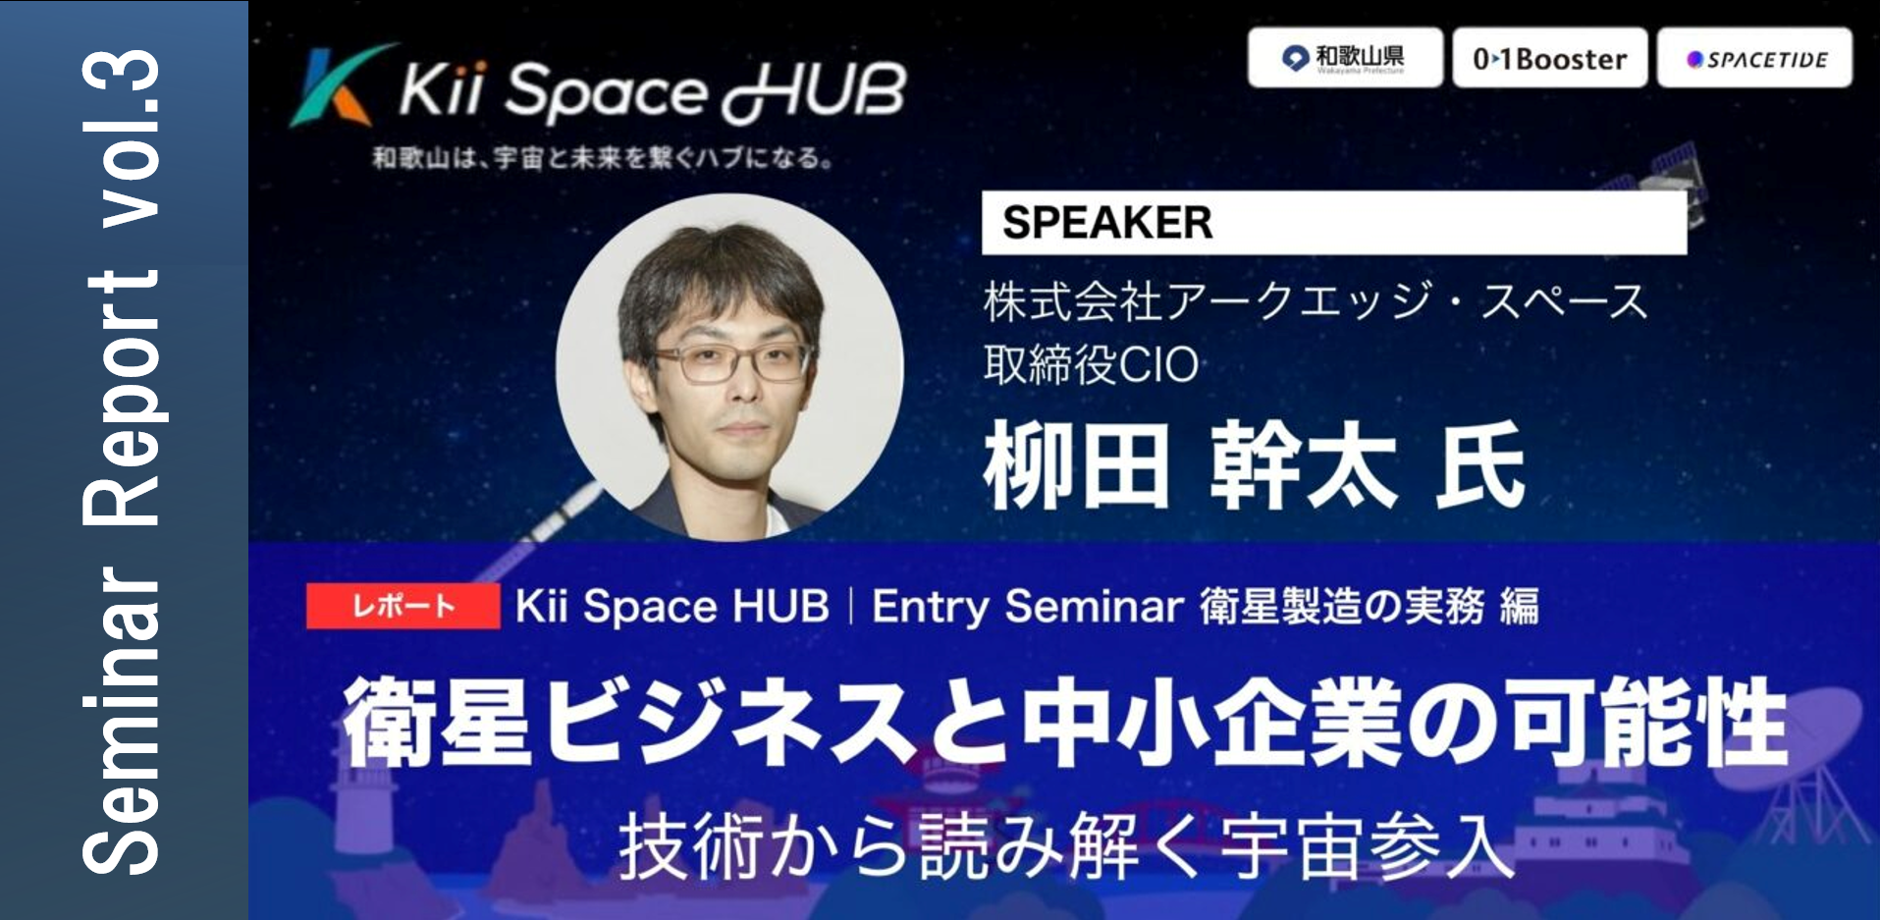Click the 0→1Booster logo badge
coord(1550,58)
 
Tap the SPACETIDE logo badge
coord(1755,58)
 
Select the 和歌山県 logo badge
coord(1345,58)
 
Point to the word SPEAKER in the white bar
coord(1107,223)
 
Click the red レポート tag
coord(403,606)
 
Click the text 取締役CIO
coord(1091,365)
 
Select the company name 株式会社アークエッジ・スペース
coord(1316,300)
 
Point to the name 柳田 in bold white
coord(1077,465)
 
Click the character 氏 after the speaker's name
coord(1479,465)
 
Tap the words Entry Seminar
coord(1028,607)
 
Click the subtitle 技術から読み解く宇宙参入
coord(1066,846)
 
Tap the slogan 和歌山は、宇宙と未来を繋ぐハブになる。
coord(603,158)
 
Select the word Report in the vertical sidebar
coord(123,398)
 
